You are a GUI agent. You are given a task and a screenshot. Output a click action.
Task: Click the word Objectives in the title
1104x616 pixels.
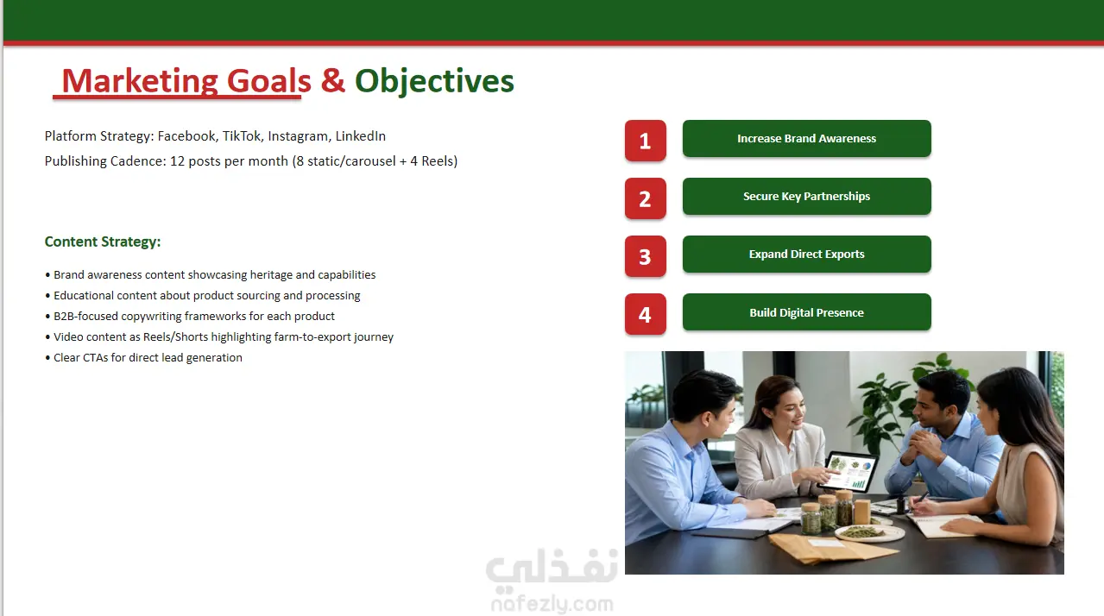click(x=434, y=81)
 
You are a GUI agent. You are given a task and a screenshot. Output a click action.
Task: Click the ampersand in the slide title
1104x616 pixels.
click(x=332, y=80)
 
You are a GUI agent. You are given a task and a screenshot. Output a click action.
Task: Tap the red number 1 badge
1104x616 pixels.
click(x=645, y=141)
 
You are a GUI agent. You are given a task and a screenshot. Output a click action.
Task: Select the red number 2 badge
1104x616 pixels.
click(x=645, y=198)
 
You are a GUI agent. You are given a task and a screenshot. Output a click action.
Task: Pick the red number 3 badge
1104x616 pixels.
click(x=645, y=256)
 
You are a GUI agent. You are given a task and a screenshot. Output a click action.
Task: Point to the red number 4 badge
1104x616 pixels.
click(x=645, y=314)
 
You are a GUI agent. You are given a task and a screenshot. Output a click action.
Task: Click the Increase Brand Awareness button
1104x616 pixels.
click(x=807, y=139)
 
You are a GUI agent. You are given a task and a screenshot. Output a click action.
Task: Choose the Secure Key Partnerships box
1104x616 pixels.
click(x=807, y=196)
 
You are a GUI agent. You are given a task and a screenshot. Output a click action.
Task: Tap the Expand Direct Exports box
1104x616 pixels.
click(x=807, y=255)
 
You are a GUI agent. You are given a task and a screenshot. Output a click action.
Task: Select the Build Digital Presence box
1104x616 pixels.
click(x=807, y=312)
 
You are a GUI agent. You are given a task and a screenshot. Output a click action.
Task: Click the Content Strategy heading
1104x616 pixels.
click(x=103, y=242)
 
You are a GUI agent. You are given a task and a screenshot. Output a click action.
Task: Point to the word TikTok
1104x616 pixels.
click(x=242, y=136)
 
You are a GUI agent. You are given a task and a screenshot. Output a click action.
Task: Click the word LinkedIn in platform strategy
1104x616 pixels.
click(x=360, y=136)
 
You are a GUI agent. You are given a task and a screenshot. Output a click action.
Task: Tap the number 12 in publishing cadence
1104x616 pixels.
click(x=177, y=161)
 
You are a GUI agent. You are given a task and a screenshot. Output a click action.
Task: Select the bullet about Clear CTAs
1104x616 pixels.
click(x=143, y=358)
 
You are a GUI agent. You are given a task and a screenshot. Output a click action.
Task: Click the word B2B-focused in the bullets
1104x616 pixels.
click(x=85, y=317)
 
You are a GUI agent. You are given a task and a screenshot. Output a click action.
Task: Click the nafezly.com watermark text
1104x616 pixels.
click(x=552, y=604)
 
